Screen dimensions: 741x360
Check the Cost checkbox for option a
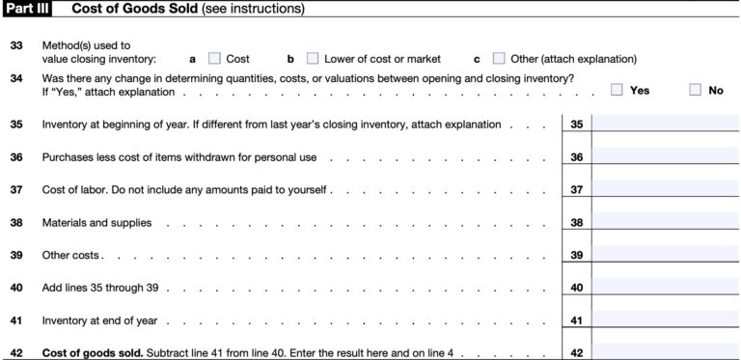pyautogui.click(x=215, y=59)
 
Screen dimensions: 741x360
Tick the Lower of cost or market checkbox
pyautogui.click(x=313, y=59)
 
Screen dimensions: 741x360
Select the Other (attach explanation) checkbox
pyautogui.click(x=499, y=59)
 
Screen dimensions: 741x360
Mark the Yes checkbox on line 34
pyautogui.click(x=617, y=90)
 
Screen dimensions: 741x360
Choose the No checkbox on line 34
pyautogui.click(x=696, y=90)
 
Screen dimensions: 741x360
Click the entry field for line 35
pyautogui.click(x=665, y=125)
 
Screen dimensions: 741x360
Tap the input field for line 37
pyautogui.click(x=665, y=190)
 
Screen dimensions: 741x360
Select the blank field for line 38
pyautogui.click(x=665, y=223)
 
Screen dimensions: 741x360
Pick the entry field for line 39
pyautogui.click(x=665, y=256)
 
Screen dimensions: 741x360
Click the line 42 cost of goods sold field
pyautogui.click(x=665, y=351)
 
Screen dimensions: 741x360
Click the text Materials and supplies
pyautogui.click(x=96, y=223)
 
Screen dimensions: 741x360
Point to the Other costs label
pyautogui.click(x=71, y=256)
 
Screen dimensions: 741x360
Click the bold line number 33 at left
pyautogui.click(x=16, y=45)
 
